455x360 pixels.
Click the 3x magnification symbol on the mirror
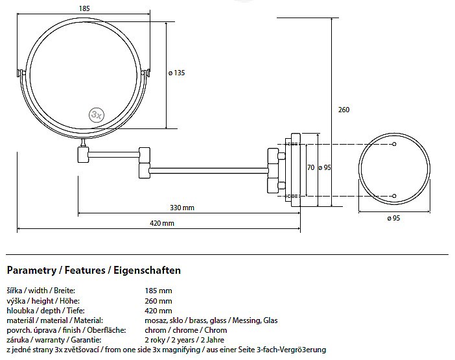tap(97, 114)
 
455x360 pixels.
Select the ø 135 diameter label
tap(176, 73)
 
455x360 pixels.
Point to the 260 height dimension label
tap(344, 110)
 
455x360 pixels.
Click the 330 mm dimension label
tap(182, 208)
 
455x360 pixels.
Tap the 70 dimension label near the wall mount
tap(310, 167)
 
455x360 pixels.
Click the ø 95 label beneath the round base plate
tap(393, 219)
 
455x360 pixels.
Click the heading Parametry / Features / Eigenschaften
tap(93, 270)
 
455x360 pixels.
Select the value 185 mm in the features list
tap(159, 291)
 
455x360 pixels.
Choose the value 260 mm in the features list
tap(159, 301)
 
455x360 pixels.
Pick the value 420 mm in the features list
tap(159, 311)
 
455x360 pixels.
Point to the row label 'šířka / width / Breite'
tap(41, 291)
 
